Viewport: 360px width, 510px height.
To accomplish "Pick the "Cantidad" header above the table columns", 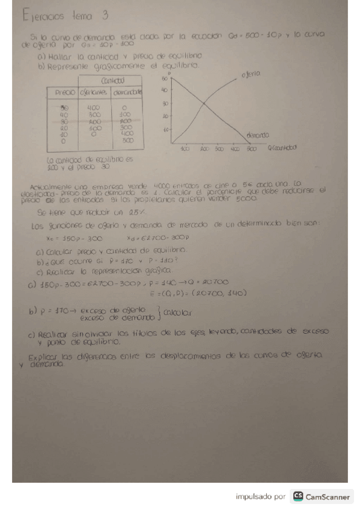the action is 113,80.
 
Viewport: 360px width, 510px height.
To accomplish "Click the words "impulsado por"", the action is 260,497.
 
